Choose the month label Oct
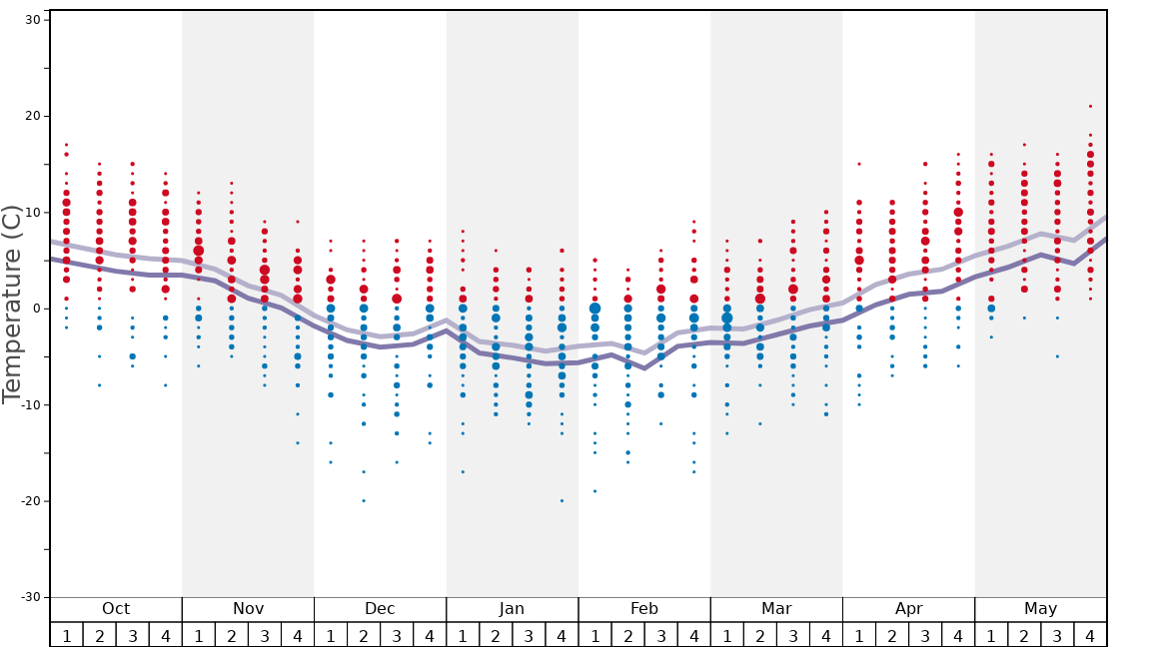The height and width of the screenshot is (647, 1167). coord(116,609)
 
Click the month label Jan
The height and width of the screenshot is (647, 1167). coord(512,609)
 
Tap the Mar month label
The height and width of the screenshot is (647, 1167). coord(776,609)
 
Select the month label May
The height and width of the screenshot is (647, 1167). coord(1040,609)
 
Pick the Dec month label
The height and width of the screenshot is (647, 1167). coord(380,609)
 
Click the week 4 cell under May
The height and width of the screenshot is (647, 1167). coord(1090,635)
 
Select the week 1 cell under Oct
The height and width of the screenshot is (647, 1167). coord(66,635)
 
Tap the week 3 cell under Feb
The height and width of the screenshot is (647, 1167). coord(660,635)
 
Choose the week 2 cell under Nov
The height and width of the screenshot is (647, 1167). coord(231,635)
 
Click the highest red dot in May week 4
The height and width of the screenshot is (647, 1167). coord(1090,106)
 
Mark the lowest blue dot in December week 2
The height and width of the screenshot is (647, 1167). coord(364,500)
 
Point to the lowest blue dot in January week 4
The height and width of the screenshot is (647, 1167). coord(562,500)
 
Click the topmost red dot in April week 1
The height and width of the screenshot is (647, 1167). coord(858,164)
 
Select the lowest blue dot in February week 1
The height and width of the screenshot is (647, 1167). coord(594,491)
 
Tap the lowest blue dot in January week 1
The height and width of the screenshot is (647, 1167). coord(463,471)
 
